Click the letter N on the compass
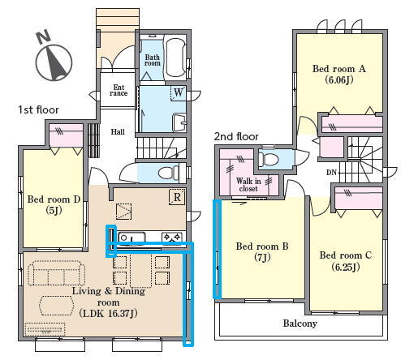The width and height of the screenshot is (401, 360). tap(44, 36)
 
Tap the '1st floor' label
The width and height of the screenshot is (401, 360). tap(38, 109)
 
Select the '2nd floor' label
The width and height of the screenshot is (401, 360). tap(236, 136)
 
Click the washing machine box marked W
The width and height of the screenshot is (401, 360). tap(178, 93)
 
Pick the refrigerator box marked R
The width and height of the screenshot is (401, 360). tap(177, 197)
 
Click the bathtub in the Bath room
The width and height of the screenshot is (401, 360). tap(175, 58)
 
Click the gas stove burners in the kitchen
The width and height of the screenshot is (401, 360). tap(171, 238)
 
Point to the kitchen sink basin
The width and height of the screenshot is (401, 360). tap(132, 238)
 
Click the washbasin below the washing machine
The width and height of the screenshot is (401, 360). tap(179, 122)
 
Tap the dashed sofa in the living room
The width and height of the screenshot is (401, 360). tap(56, 273)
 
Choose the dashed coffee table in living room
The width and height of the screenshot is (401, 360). tap(56, 306)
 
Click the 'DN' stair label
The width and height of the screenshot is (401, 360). tap(331, 172)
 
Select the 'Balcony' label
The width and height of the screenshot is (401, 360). tap(300, 324)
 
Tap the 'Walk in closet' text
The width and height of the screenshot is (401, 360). tap(248, 185)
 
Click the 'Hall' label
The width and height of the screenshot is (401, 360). tap(118, 132)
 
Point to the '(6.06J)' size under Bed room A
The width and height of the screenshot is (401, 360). tap(339, 80)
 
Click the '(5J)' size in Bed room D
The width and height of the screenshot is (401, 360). tap(54, 210)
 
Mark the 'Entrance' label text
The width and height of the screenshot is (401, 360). tap(119, 90)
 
